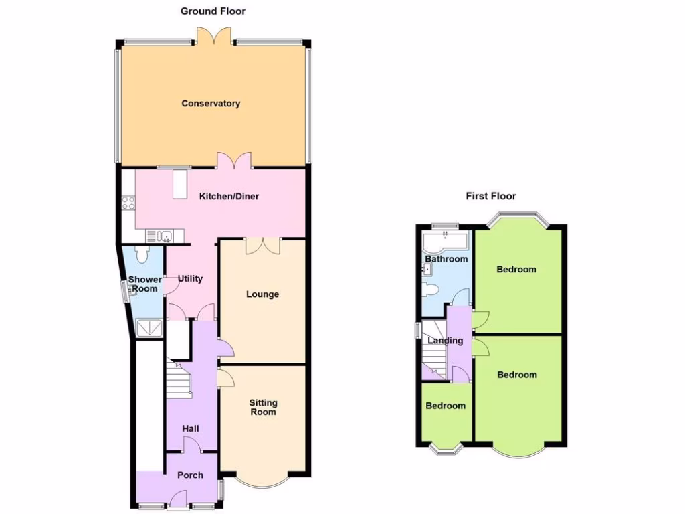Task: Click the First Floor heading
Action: tap(491, 196)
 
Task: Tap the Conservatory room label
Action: tap(211, 104)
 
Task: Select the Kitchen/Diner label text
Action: tap(229, 197)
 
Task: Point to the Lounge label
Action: tap(262, 294)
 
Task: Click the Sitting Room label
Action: tap(263, 407)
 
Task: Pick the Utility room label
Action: tap(190, 279)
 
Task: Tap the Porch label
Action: tap(190, 475)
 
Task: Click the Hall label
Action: tap(191, 428)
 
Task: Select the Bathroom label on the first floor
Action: tap(446, 259)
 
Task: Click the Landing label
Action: tap(446, 341)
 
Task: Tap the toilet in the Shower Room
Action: tap(142, 254)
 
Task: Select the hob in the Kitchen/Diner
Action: tap(128, 203)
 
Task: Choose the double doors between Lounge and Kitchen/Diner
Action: tap(262, 246)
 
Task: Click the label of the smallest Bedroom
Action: tap(446, 406)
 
